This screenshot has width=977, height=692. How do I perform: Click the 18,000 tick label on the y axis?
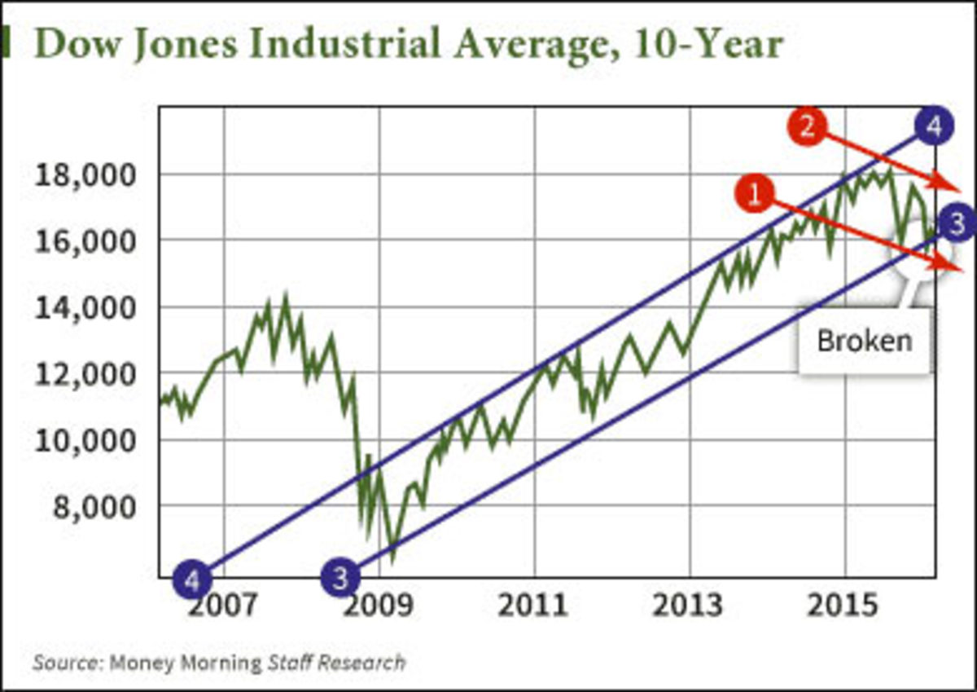point(85,176)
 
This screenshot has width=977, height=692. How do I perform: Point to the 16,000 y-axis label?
point(85,242)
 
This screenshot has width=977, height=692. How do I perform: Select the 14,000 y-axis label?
point(85,309)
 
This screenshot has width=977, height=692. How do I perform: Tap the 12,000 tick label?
point(85,375)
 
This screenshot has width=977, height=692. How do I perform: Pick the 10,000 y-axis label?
point(85,442)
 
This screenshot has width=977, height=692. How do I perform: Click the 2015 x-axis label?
point(847,607)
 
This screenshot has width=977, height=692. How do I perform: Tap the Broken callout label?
point(864,340)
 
